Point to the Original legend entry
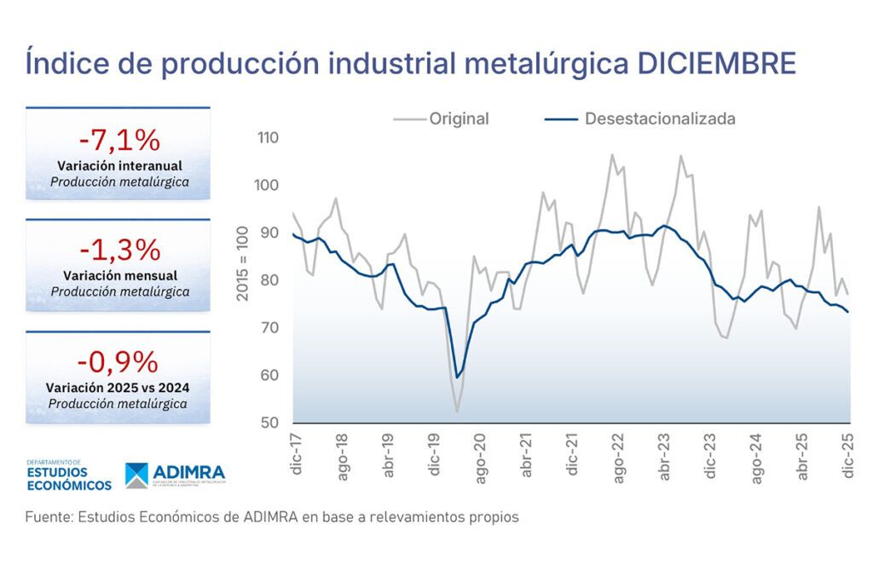pyautogui.click(x=459, y=119)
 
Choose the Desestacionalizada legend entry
pyautogui.click(x=659, y=119)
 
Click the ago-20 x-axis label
pyautogui.click(x=481, y=458)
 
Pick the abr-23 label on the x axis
pyautogui.click(x=665, y=458)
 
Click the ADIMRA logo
pyautogui.click(x=175, y=475)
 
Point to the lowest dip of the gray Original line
pyautogui.click(x=457, y=412)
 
